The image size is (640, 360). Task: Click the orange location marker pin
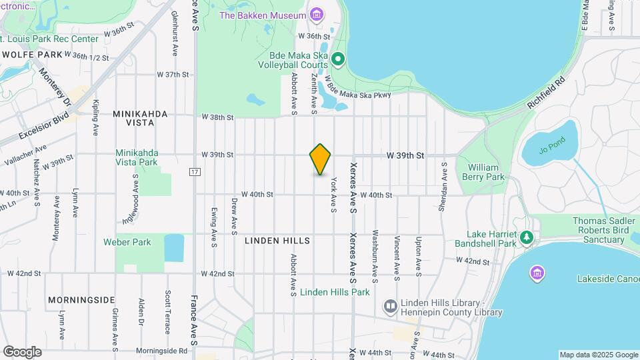click(x=321, y=159)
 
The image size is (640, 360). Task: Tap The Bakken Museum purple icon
click(x=316, y=15)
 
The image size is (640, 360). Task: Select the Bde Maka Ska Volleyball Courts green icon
click(x=338, y=60)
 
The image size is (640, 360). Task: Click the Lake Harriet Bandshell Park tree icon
click(x=527, y=237)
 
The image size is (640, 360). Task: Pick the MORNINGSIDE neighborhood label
click(x=81, y=300)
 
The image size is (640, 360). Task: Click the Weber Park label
click(x=127, y=242)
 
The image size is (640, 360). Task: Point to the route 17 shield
click(x=195, y=172)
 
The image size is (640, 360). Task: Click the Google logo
click(x=22, y=352)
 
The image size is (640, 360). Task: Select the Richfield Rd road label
click(x=546, y=93)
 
